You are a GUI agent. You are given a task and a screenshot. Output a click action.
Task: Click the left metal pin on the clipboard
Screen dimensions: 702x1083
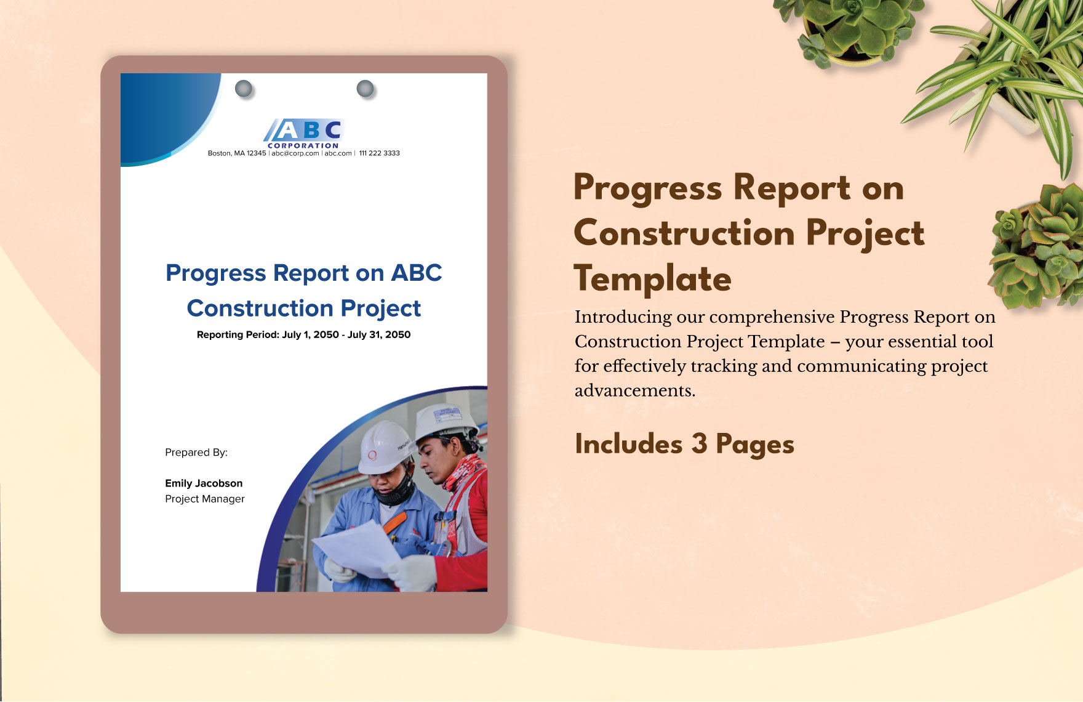pos(244,89)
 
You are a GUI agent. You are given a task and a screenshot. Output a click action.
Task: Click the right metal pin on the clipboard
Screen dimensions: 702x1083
pos(365,89)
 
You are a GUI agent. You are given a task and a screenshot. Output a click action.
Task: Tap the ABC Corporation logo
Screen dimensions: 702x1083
pos(304,132)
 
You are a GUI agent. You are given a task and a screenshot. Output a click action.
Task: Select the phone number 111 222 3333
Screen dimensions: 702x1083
pos(379,153)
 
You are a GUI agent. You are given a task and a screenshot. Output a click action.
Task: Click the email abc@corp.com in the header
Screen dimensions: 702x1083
pos(295,153)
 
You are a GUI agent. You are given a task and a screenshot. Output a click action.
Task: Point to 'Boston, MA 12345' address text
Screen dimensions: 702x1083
pos(237,153)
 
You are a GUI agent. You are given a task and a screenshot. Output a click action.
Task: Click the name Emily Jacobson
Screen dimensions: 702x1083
pos(204,483)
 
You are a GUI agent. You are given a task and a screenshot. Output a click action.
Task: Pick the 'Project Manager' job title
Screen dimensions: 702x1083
pos(205,499)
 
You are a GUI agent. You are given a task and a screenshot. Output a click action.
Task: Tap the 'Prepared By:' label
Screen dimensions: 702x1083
pos(196,453)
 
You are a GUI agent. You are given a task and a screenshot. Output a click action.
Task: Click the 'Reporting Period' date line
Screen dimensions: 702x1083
pos(303,335)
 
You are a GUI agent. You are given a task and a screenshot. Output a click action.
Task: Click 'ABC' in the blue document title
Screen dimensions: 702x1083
pos(417,273)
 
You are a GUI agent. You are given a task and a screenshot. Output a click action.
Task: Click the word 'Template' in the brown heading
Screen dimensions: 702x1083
pos(652,279)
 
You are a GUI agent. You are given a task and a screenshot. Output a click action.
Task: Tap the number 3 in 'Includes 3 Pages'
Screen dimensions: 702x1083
pos(698,444)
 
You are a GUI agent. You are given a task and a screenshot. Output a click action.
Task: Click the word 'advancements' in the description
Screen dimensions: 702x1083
pos(634,391)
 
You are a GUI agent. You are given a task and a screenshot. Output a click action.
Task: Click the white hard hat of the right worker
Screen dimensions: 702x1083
pos(446,421)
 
